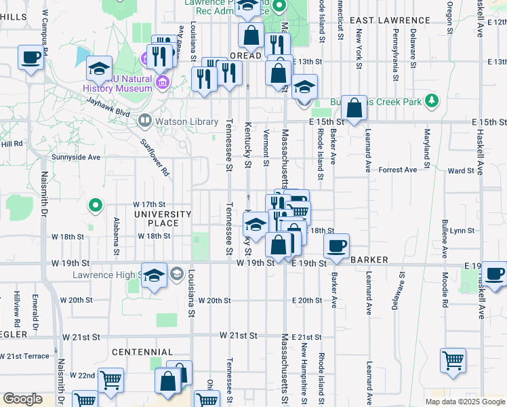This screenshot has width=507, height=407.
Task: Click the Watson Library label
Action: coord(177,122)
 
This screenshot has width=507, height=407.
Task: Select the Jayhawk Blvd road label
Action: coord(108,106)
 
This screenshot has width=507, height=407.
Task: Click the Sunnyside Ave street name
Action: coord(76,157)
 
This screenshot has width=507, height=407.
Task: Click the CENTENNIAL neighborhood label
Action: coord(142,352)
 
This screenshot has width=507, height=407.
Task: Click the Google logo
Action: coord(23,399)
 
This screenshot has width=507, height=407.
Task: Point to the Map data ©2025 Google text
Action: coord(464,402)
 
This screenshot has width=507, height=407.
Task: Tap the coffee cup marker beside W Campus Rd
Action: coord(31,59)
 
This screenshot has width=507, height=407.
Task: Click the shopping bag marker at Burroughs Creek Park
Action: coord(354,107)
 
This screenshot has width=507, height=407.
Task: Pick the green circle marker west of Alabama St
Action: coord(96,203)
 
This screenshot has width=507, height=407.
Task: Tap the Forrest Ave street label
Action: coord(398,170)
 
